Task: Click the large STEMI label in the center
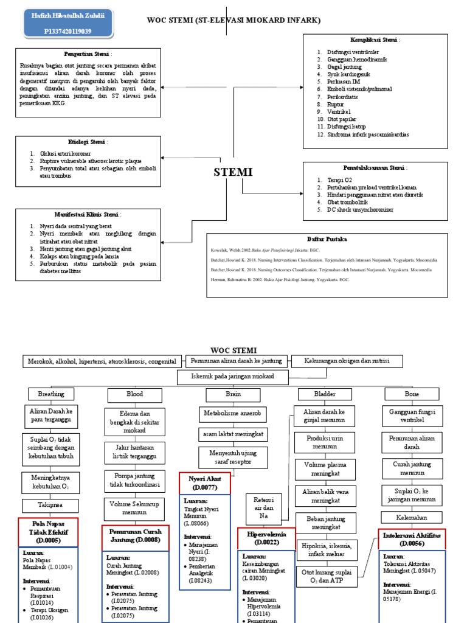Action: click(x=233, y=172)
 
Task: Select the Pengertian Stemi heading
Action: click(x=89, y=54)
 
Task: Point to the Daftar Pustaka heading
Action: click(x=327, y=240)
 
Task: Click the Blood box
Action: click(x=134, y=394)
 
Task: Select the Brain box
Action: click(x=233, y=394)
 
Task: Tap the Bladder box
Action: click(x=325, y=394)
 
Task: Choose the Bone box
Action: click(x=412, y=394)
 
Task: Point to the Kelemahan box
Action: click(x=412, y=517)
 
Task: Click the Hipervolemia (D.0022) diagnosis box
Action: click(x=263, y=538)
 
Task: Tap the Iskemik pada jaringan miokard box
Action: click(x=232, y=377)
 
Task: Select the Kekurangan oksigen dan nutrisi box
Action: click(x=347, y=361)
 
